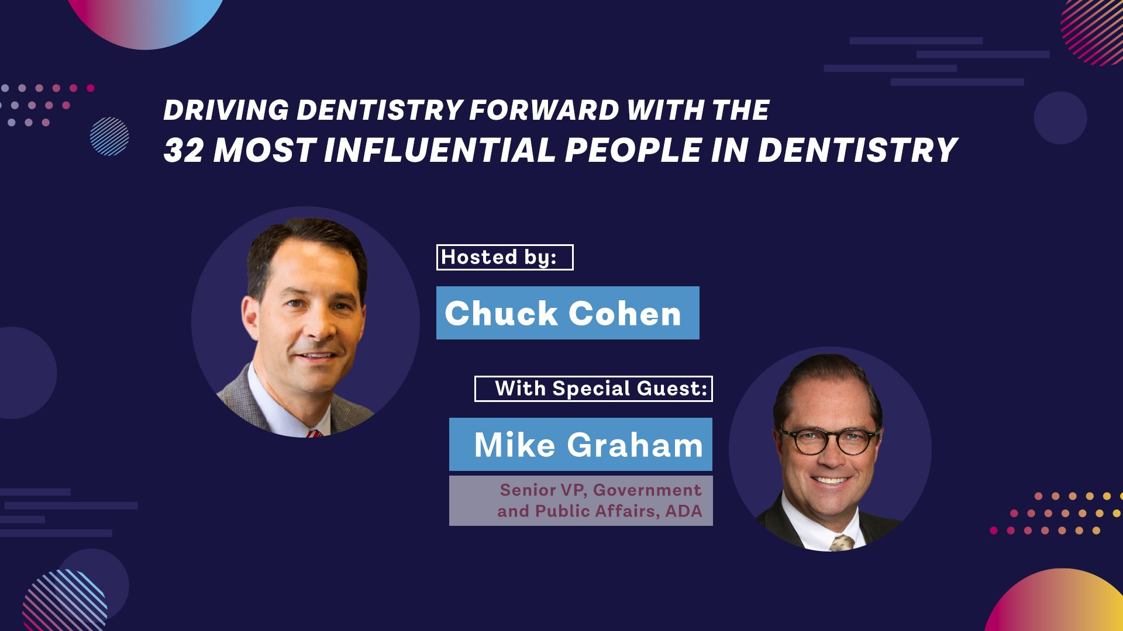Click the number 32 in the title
click(x=184, y=150)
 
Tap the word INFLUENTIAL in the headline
click(x=439, y=150)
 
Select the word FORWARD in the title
click(x=544, y=110)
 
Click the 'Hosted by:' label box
click(x=505, y=257)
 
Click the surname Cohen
click(x=625, y=313)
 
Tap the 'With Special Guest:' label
click(x=594, y=389)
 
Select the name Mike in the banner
click(x=514, y=445)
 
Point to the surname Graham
click(x=635, y=446)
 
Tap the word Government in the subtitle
click(x=647, y=490)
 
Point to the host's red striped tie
click(x=314, y=434)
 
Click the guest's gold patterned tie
click(x=842, y=543)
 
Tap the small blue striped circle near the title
click(x=109, y=136)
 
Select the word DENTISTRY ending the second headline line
click(x=857, y=150)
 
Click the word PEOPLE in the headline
click(x=633, y=150)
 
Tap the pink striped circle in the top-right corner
click(x=1093, y=32)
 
